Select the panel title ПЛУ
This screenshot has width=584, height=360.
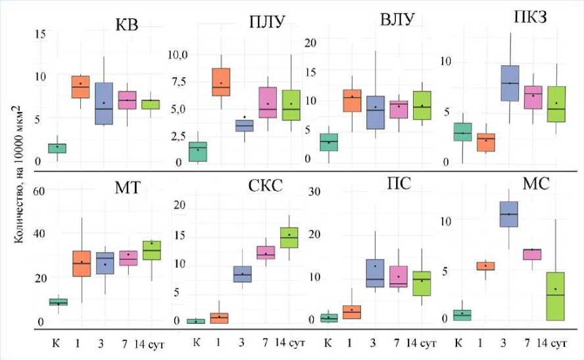(267, 24)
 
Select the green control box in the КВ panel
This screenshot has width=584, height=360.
(57, 148)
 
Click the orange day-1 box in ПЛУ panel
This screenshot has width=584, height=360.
(221, 82)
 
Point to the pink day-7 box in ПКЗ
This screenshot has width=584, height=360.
(531, 97)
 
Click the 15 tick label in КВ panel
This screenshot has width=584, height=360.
(40, 34)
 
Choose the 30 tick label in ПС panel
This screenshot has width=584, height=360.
(314, 192)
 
